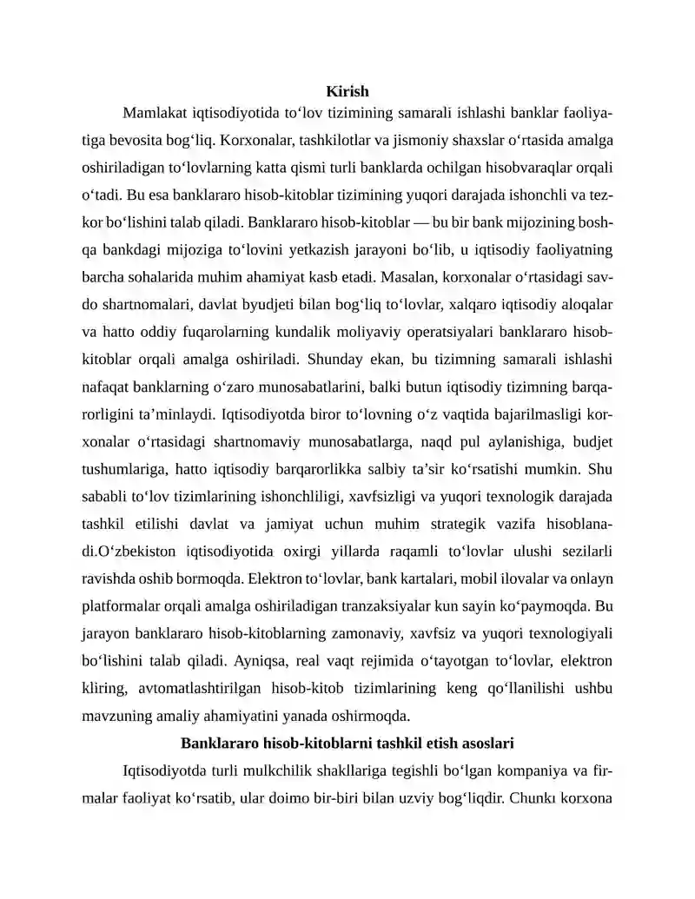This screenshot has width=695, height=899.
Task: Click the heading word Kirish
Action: point(347,91)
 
